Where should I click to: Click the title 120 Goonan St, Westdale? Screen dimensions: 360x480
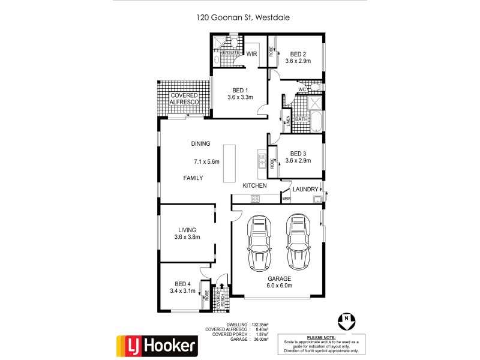click(x=243, y=18)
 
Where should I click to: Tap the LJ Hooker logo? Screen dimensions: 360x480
click(x=157, y=345)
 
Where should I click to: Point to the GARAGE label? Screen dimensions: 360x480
click(x=279, y=278)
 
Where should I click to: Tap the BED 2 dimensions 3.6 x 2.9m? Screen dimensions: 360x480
click(x=298, y=61)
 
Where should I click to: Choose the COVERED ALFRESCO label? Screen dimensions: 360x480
click(x=184, y=99)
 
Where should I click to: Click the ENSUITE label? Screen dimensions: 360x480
click(x=231, y=53)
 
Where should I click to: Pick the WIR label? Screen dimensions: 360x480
click(x=252, y=53)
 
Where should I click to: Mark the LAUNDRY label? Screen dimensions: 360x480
click(x=306, y=190)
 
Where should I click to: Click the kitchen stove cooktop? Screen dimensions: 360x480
click(x=254, y=199)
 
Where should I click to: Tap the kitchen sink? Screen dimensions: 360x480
click(x=262, y=160)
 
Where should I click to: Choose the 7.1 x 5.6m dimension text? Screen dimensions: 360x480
click(x=206, y=161)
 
